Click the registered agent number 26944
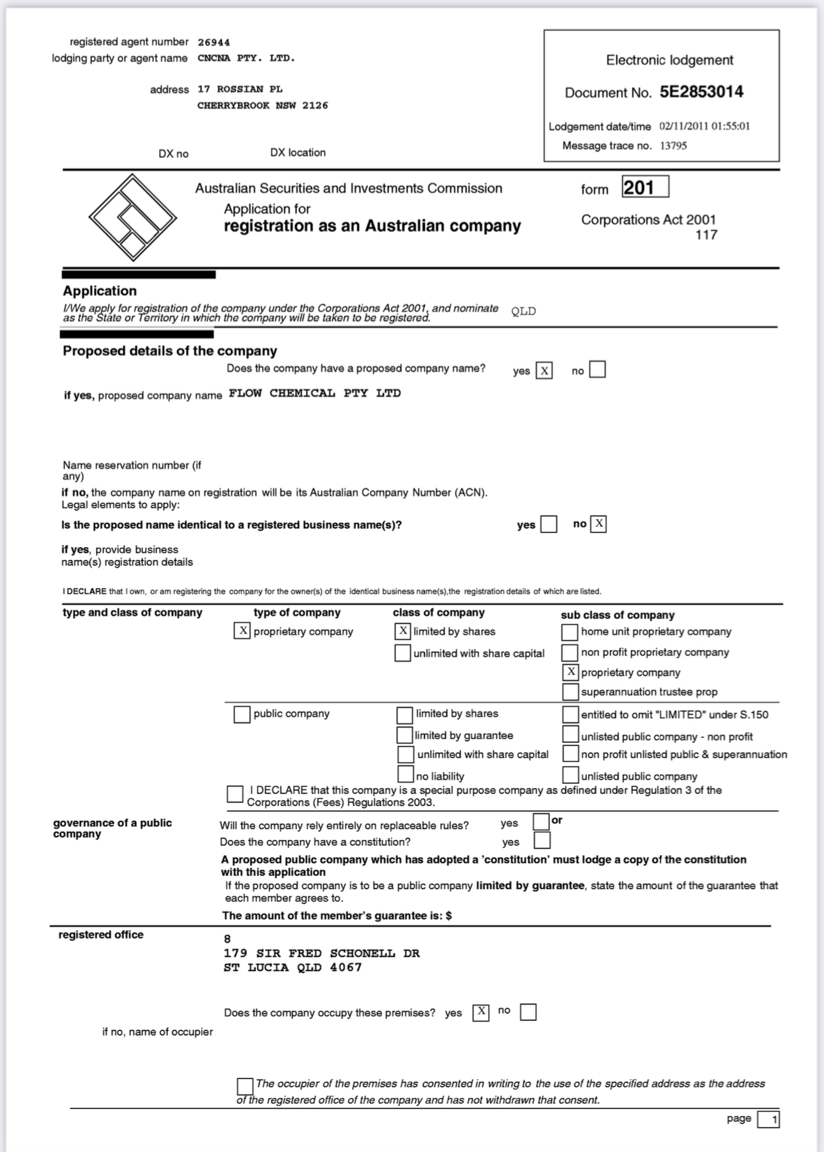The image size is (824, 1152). point(213,42)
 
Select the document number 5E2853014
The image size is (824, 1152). point(701,92)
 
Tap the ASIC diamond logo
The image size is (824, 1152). point(132,217)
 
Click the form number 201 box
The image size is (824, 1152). point(645,187)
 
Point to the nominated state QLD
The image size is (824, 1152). point(523,311)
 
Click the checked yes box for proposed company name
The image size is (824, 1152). point(544,371)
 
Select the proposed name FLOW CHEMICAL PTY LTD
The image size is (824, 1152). point(314,394)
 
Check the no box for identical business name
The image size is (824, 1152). point(598,524)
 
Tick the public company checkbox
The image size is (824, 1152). point(242,714)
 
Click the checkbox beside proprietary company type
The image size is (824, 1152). point(242,632)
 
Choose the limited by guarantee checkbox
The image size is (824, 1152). point(404,735)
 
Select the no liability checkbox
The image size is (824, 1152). point(406,775)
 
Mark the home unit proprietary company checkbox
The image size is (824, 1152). point(570,632)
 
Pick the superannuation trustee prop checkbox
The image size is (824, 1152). point(570,692)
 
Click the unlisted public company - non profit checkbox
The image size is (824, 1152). point(570,735)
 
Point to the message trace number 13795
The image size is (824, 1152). point(673,146)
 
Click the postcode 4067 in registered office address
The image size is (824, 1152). point(346,968)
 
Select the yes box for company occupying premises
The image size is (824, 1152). point(481,1012)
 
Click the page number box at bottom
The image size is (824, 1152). point(768,1119)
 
